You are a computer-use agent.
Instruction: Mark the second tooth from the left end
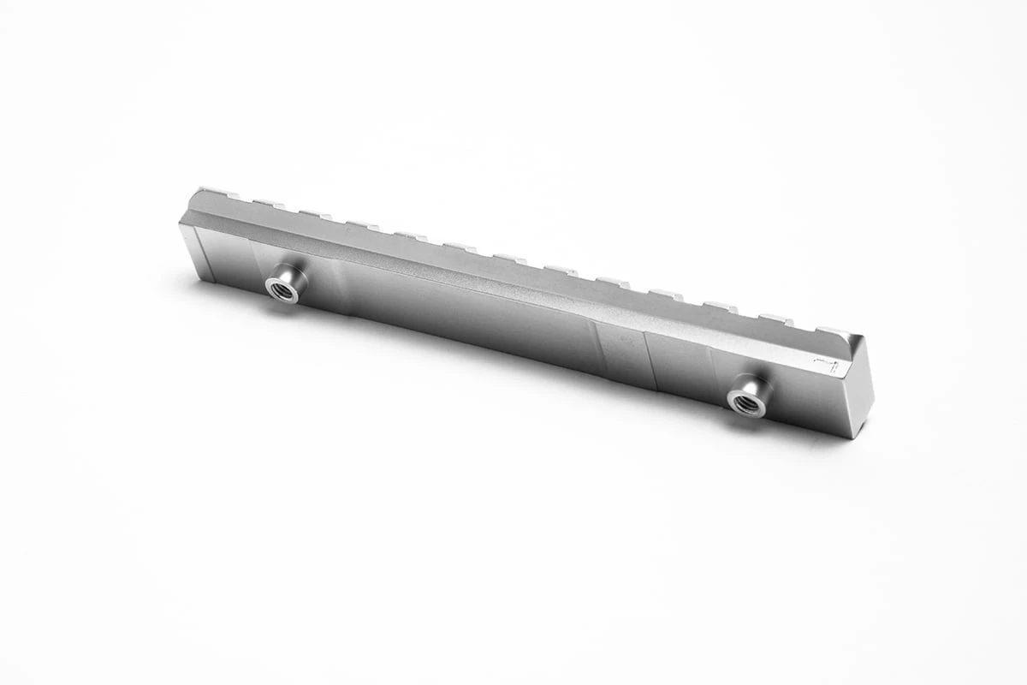click(267, 204)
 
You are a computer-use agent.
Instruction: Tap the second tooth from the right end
click(775, 319)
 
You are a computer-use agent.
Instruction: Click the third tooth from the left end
click(315, 214)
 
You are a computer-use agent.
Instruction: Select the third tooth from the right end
click(721, 307)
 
